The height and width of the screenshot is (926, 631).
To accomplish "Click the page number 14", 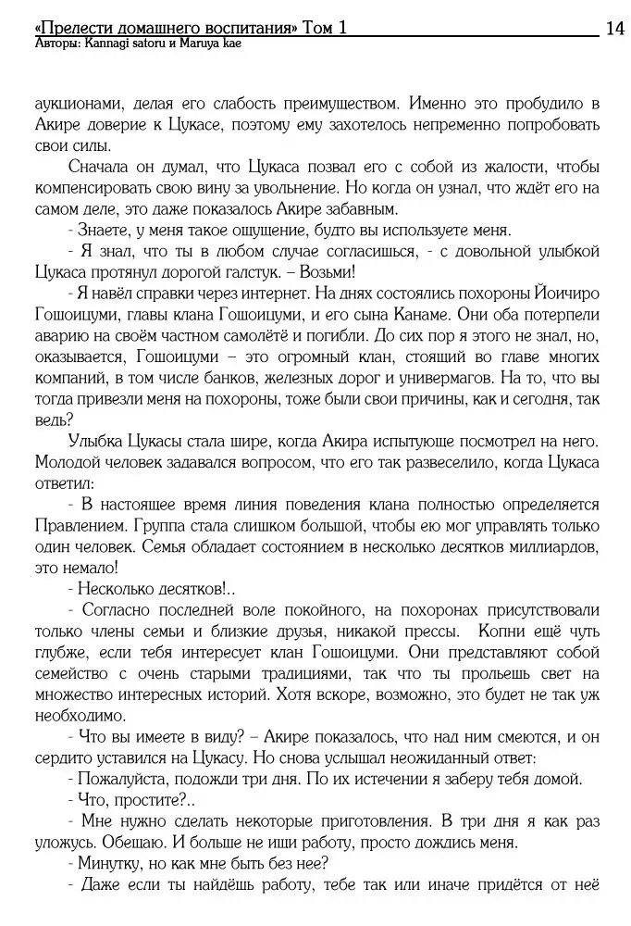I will click(x=614, y=29).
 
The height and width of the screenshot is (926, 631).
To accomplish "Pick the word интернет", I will click(x=273, y=294).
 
